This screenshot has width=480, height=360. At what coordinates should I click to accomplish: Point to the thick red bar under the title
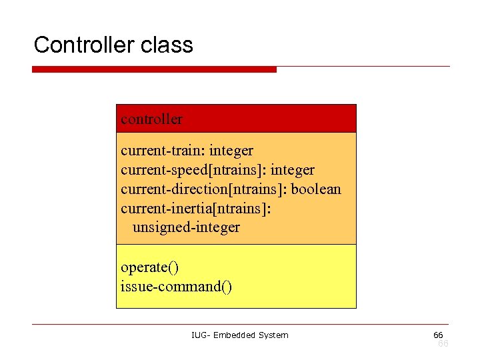pyautogui.click(x=154, y=69)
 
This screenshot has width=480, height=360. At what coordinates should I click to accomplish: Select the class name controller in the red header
pyautogui.click(x=151, y=119)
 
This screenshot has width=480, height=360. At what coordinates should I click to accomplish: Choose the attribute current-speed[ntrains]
pyautogui.click(x=193, y=170)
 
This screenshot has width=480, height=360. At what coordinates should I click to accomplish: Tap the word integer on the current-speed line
pyautogui.click(x=293, y=170)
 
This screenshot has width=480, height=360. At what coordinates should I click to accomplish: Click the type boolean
pyautogui.click(x=316, y=189)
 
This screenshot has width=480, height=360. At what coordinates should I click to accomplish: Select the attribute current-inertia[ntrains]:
pyautogui.click(x=196, y=208)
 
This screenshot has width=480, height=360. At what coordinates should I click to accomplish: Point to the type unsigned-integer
pyautogui.click(x=186, y=227)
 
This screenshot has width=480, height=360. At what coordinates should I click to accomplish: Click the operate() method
pyautogui.click(x=149, y=267)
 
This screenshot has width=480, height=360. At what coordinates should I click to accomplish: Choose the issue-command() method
pyautogui.click(x=177, y=287)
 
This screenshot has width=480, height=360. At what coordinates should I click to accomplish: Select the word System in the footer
pyautogui.click(x=273, y=335)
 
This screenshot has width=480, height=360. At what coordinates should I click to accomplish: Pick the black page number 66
pyautogui.click(x=438, y=334)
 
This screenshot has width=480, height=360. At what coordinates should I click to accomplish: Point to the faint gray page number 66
pyautogui.click(x=443, y=343)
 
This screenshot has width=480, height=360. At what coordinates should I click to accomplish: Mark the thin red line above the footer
pyautogui.click(x=240, y=325)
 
